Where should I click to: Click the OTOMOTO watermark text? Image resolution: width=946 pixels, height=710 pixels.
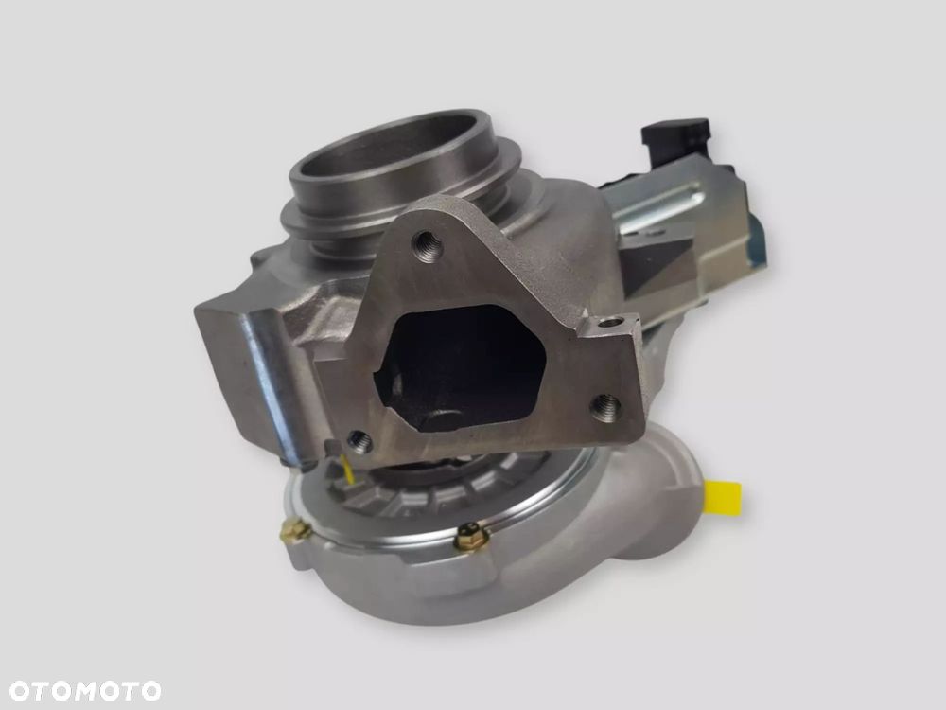(x=85, y=691)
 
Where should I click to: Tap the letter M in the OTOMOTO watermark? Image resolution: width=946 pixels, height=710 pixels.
(x=86, y=691)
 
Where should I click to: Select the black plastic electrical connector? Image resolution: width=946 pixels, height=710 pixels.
(x=674, y=136)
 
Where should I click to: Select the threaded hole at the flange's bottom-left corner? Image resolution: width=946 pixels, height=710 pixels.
(x=359, y=442)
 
